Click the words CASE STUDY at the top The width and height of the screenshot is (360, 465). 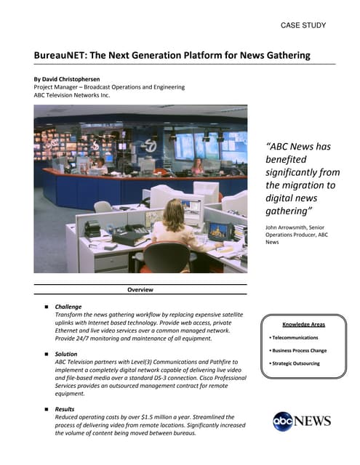click(x=303, y=25)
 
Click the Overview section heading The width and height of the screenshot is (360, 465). click(x=140, y=290)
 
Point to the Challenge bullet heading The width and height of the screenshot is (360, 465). click(x=68, y=307)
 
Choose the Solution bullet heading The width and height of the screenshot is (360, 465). click(x=66, y=354)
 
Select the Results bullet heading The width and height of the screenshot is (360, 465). click(x=65, y=409)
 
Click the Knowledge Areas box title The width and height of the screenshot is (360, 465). click(x=303, y=324)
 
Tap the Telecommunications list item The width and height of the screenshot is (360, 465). click(x=295, y=338)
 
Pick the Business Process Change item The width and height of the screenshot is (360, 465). click(x=299, y=350)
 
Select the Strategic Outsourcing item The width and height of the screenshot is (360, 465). click(x=295, y=363)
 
